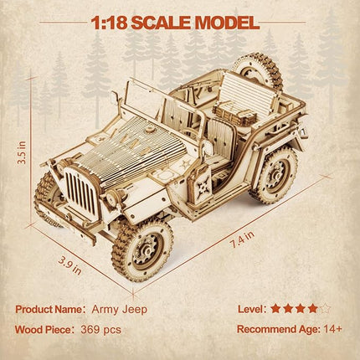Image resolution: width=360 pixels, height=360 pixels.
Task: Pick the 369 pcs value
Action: click(100, 329)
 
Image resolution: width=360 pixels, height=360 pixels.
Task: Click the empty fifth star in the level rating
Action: click(326, 309)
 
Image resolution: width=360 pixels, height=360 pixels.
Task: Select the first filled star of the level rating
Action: click(276, 309)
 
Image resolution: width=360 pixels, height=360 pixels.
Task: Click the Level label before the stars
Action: click(249, 309)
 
